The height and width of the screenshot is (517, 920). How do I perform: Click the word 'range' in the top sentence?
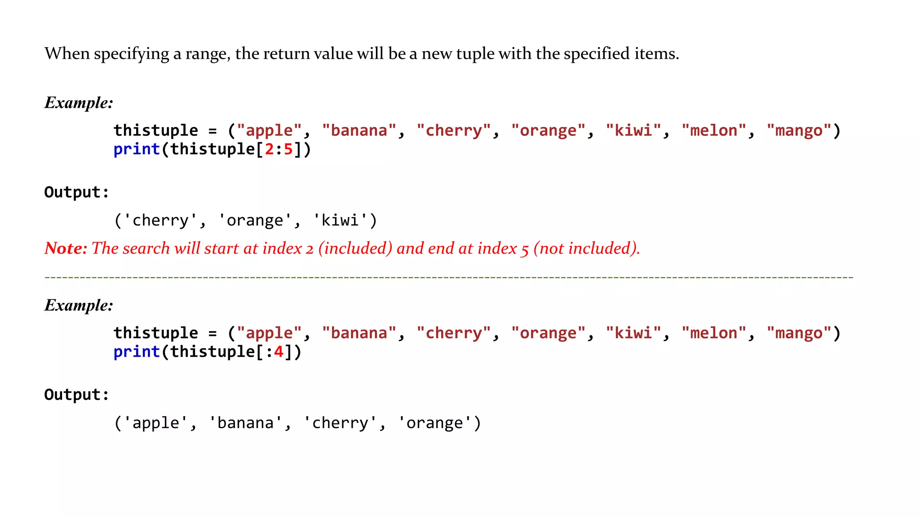pyautogui.click(x=207, y=54)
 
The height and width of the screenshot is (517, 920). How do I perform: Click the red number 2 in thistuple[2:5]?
pyautogui.click(x=269, y=149)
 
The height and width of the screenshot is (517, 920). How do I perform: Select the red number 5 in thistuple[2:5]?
pyautogui.click(x=288, y=149)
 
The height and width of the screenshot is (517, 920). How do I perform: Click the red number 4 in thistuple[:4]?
pyautogui.click(x=279, y=352)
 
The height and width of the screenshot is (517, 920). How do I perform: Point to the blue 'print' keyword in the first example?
pyautogui.click(x=137, y=149)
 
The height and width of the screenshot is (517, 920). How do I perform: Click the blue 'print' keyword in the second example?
pyautogui.click(x=137, y=352)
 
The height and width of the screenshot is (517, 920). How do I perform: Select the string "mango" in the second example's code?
pyautogui.click(x=799, y=333)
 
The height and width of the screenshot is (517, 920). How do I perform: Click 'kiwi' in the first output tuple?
pyautogui.click(x=340, y=220)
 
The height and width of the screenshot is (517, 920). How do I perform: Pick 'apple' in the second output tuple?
pyautogui.click(x=155, y=423)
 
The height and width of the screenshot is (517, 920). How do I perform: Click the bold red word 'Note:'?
pyautogui.click(x=66, y=248)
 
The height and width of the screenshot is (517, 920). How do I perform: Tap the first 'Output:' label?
pyautogui.click(x=76, y=192)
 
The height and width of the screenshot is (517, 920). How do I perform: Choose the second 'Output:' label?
pyautogui.click(x=76, y=394)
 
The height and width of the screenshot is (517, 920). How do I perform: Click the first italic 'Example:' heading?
pyautogui.click(x=79, y=103)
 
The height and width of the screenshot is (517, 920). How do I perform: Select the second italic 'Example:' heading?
pyautogui.click(x=79, y=305)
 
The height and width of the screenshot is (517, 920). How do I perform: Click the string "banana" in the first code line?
pyautogui.click(x=359, y=131)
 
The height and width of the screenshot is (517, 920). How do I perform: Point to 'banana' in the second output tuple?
pyautogui.click(x=245, y=423)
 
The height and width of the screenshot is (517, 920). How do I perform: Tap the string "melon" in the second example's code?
pyautogui.click(x=713, y=333)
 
